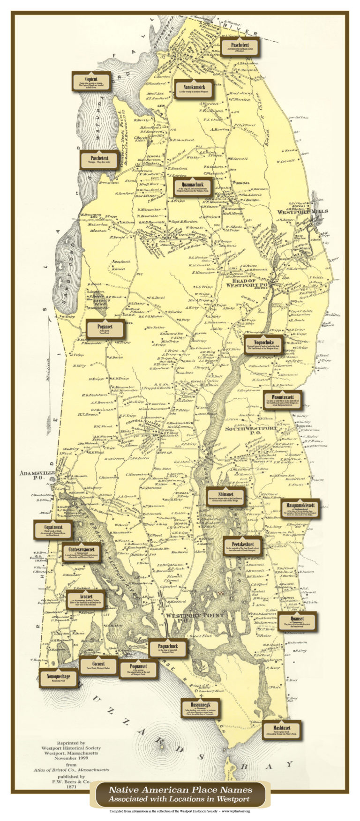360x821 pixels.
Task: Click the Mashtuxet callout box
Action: pyautogui.click(x=282, y=729)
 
